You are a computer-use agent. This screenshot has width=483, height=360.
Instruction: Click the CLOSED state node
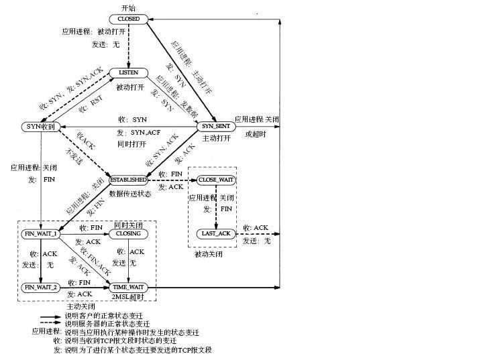[127, 19]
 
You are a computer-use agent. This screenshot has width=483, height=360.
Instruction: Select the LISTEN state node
[128, 72]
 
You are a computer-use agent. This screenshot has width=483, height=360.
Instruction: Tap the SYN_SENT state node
[215, 126]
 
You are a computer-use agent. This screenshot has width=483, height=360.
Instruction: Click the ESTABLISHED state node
[128, 180]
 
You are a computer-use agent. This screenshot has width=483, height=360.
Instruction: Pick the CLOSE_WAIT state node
[216, 180]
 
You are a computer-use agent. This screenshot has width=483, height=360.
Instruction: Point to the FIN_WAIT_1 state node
[41, 233]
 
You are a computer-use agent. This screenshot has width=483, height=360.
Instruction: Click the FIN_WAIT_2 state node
[41, 287]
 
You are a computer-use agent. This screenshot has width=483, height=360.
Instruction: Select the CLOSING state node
[128, 233]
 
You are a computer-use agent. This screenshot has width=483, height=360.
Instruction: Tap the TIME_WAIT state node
[128, 287]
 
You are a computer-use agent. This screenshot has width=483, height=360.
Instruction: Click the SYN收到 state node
[40, 126]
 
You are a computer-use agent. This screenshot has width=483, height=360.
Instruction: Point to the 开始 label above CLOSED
[128, 7]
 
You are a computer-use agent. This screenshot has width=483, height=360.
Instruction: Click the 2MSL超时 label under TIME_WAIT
[128, 297]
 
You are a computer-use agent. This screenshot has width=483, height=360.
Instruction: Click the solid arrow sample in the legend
[50, 316]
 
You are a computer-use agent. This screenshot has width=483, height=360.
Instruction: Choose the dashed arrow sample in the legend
[50, 324]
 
